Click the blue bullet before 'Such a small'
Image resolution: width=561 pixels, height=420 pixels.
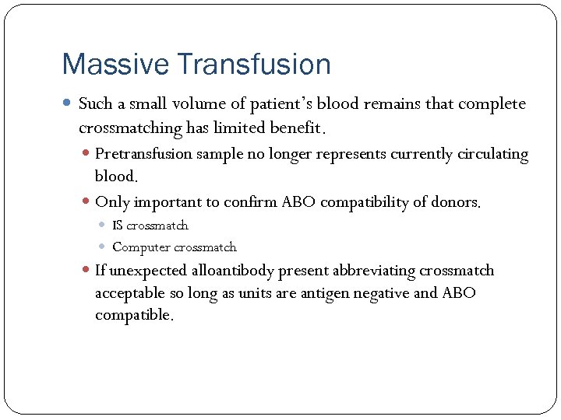pyautogui.click(x=68, y=104)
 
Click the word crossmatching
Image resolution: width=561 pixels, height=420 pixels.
pyautogui.click(x=130, y=127)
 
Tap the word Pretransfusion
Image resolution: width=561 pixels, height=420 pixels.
pyautogui.click(x=143, y=154)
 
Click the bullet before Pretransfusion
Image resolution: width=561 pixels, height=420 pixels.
pyautogui.click(x=86, y=154)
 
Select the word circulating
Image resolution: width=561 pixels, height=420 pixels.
pyautogui.click(x=489, y=154)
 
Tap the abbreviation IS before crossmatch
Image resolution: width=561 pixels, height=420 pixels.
pyautogui.click(x=117, y=226)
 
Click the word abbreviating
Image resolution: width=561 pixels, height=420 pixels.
pyautogui.click(x=374, y=271)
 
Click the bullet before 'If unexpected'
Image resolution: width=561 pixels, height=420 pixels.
pyautogui.click(x=86, y=271)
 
